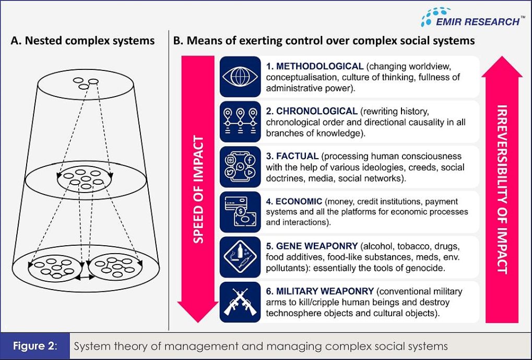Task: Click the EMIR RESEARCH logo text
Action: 477,22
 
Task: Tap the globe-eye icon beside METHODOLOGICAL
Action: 240,77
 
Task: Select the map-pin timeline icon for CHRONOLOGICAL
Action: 240,122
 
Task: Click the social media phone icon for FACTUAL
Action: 240,167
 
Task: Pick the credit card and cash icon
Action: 240,212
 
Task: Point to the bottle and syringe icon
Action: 240,257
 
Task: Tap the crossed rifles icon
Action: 240,302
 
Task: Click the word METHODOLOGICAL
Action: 320,66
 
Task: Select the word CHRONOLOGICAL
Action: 317,111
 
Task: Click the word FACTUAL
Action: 297,157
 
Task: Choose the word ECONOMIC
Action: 299,201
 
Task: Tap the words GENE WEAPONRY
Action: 317,246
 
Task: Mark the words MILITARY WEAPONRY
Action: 325,291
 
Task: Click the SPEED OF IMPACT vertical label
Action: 198,189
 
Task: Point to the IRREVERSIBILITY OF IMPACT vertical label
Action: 502,189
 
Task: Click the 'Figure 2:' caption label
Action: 36,346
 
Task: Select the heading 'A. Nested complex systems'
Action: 83,41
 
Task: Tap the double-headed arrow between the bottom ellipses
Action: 85,277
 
